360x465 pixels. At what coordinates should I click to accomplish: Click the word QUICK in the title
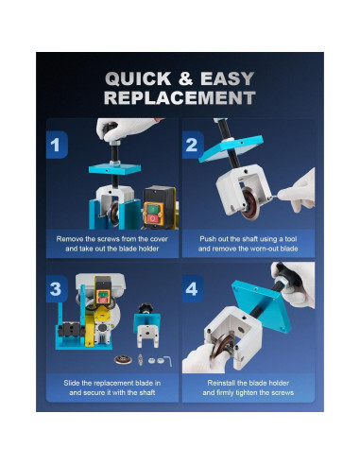coord(138,78)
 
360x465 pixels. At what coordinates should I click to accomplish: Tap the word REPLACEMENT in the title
coord(180,97)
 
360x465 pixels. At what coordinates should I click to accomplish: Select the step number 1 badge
coord(57,145)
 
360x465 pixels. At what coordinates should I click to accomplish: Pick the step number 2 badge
coord(193,145)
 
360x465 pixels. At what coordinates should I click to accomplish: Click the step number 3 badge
coord(57,289)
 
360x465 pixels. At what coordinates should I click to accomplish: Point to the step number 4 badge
coord(193,289)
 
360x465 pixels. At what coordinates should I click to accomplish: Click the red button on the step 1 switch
coord(152,218)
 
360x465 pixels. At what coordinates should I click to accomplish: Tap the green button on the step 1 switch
coord(152,209)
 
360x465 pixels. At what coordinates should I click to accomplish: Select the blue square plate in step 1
coord(114,169)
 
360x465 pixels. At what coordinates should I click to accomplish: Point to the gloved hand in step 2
coord(298,191)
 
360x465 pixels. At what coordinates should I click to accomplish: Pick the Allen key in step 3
coord(167,360)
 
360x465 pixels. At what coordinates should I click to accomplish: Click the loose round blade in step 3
coord(123,359)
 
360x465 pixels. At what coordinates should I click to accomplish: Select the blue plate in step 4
coord(262,305)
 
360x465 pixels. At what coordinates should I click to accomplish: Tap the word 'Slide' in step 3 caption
coord(72,383)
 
